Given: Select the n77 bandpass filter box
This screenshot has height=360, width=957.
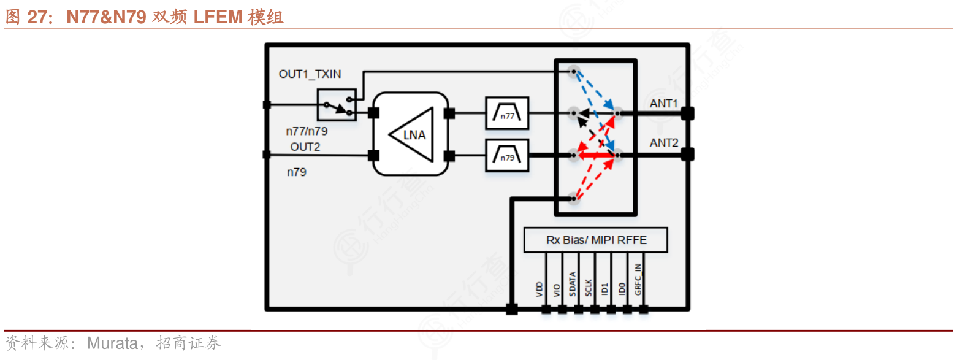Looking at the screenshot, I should click(506, 113).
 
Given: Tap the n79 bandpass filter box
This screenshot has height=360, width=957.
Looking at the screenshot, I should click(506, 155).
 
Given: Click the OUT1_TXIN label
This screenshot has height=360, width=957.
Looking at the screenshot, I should click(310, 74).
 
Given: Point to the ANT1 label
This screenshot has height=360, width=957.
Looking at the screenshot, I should click(664, 104).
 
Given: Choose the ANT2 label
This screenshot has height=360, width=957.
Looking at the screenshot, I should click(664, 143).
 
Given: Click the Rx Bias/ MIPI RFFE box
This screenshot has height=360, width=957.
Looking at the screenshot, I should click(596, 240).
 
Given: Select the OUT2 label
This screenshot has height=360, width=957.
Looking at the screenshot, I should click(305, 147).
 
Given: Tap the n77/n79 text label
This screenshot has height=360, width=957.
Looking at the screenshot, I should click(307, 131).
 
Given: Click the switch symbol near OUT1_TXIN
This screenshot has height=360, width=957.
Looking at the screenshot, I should click(337, 105).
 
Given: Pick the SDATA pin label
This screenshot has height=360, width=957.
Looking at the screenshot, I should click(572, 285).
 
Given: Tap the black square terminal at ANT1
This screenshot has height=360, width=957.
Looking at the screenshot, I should click(687, 113).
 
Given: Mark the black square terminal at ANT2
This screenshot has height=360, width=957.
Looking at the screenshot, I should click(687, 155).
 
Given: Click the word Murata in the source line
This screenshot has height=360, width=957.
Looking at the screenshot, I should click(112, 343).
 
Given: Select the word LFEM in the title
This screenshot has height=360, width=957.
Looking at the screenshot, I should click(218, 17).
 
